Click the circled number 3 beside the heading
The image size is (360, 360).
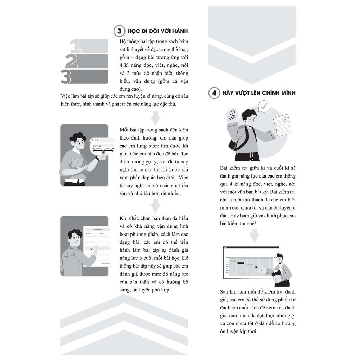(120, 31)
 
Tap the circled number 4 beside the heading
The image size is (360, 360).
(214, 93)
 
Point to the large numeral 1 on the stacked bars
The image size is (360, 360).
(76, 46)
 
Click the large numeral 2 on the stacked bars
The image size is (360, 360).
(72, 61)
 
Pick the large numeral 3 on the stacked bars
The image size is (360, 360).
(66, 76)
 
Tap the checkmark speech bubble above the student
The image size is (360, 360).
(264, 106)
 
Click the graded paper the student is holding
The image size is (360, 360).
(282, 125)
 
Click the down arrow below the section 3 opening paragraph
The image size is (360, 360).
(155, 118)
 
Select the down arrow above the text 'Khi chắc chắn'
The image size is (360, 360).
(155, 206)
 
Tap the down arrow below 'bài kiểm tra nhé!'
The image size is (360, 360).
(254, 235)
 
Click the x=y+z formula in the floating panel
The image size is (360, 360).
(97, 146)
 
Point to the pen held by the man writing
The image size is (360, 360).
(94, 247)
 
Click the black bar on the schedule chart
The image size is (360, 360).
(240, 263)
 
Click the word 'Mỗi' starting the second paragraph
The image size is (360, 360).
(124, 130)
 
